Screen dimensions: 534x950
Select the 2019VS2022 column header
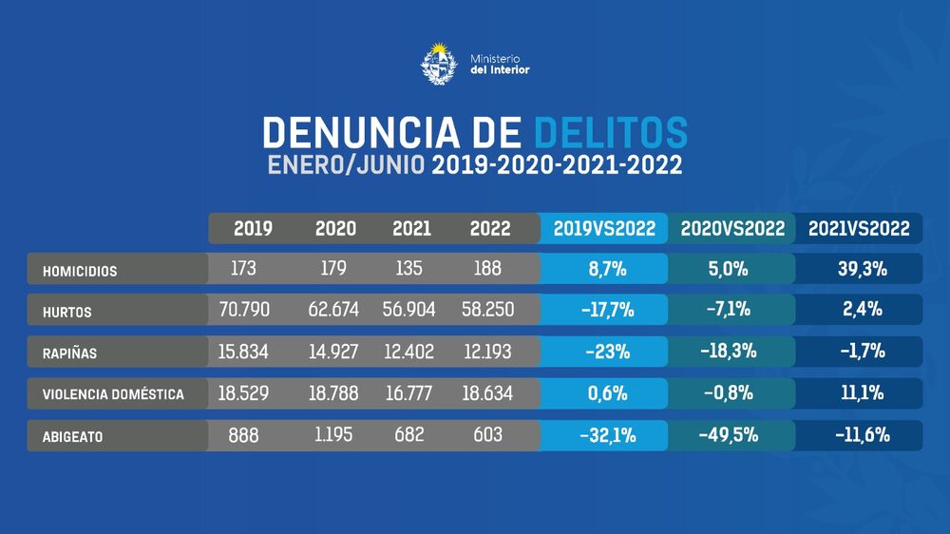(603, 229)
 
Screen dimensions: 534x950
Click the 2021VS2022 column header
(859, 229)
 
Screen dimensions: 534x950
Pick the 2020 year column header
(335, 229)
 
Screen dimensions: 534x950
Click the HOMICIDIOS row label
(80, 271)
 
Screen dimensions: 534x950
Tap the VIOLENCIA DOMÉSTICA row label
(113, 393)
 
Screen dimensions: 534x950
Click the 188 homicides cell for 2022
(487, 269)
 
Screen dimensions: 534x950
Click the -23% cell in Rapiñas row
(603, 352)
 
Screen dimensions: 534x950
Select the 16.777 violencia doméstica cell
(409, 392)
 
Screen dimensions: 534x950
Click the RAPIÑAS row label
(69, 353)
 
